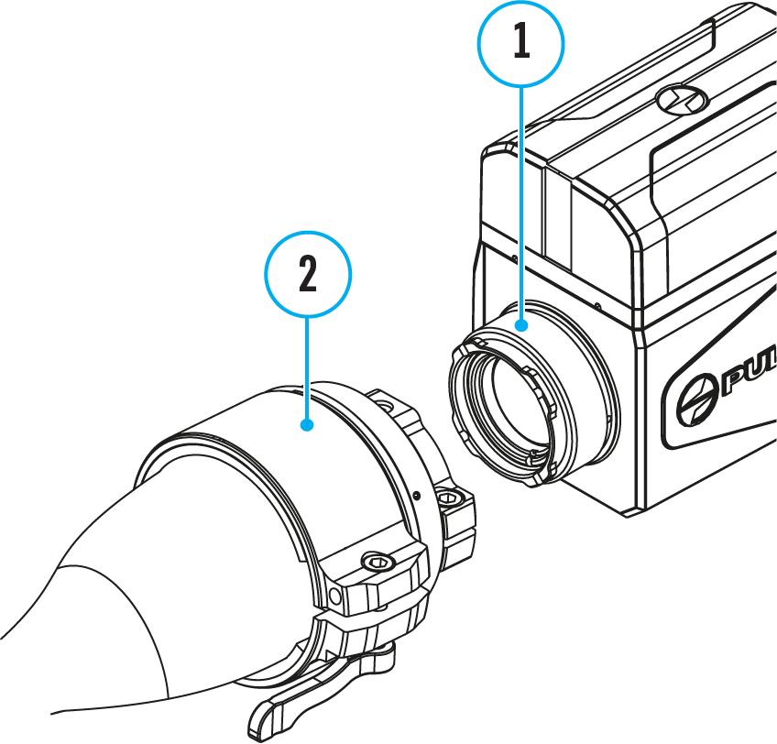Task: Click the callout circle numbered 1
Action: click(x=520, y=43)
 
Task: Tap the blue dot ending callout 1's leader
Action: click(x=520, y=324)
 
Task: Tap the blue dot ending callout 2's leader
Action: click(x=308, y=424)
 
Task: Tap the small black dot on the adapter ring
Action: click(x=418, y=494)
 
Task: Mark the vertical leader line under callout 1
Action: click(x=520, y=202)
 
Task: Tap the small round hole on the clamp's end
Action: click(x=335, y=596)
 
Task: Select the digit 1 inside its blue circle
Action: click(x=520, y=43)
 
